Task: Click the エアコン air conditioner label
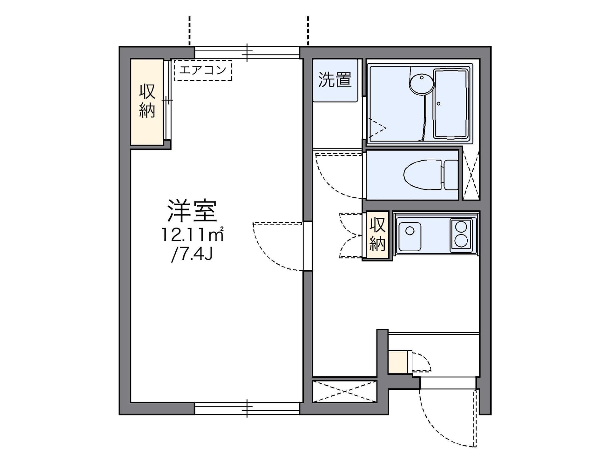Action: pos(203,70)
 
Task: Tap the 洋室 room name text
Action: pos(193,211)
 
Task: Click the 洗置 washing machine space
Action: pos(335,80)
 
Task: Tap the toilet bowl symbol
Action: pos(423,175)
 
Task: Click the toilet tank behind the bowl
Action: pos(451,175)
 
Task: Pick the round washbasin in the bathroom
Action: pos(422,84)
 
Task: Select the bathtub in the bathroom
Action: pos(451,103)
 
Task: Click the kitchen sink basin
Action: pos(410,236)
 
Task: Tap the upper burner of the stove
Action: pos(461,227)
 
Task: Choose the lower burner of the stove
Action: pos(461,241)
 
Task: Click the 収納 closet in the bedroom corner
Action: pos(147,102)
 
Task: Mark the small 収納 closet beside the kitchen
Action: pos(377,235)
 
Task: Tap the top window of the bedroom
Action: pos(247,53)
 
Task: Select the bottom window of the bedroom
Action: pos(247,408)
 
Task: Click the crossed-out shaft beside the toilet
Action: pos(471,174)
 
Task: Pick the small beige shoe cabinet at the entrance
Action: pos(398,362)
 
